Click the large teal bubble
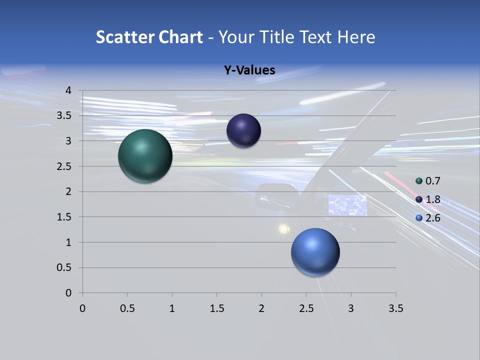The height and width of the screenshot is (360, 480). pos(145,156)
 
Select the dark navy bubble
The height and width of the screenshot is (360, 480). pos(243,130)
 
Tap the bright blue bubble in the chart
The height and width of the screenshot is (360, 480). pos(315,252)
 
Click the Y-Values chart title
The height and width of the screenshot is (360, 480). pos(249,70)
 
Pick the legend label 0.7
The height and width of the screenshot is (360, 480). pos(432,181)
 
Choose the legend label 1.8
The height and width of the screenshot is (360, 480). pos(432,199)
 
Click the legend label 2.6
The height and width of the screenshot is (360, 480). pos(432,218)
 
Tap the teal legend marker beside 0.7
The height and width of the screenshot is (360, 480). pos(419,181)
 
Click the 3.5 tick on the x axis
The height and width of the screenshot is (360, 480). pos(395,308)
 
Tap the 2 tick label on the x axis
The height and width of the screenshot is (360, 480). pos(261,308)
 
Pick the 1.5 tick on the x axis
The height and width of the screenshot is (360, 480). pos(216,308)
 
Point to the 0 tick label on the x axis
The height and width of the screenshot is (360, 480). pos(82,308)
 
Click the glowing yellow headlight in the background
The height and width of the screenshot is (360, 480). pos(284,229)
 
